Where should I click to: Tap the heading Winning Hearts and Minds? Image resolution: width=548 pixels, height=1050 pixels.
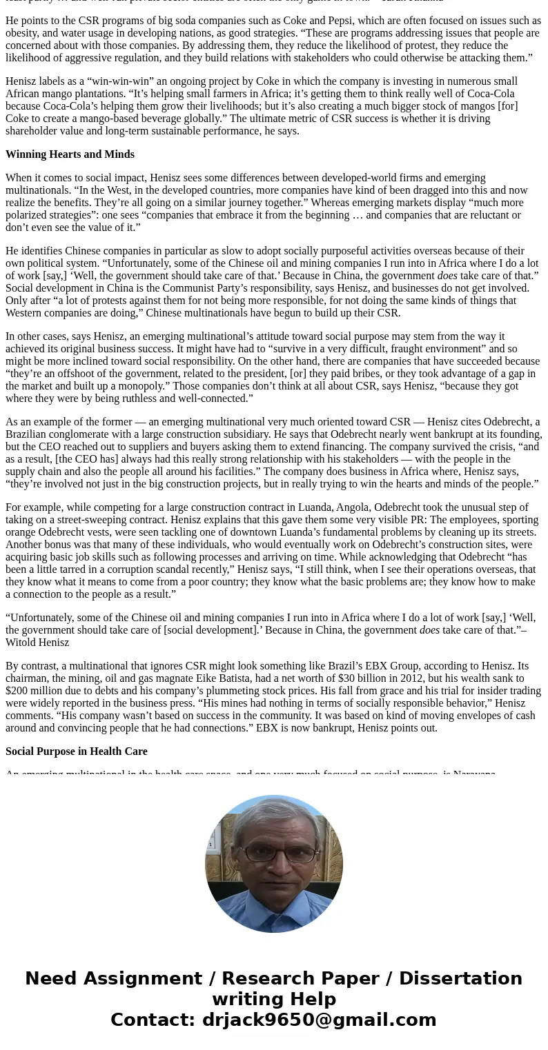coord(70,154)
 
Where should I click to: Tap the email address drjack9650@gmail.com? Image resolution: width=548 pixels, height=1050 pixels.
coord(319,1020)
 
